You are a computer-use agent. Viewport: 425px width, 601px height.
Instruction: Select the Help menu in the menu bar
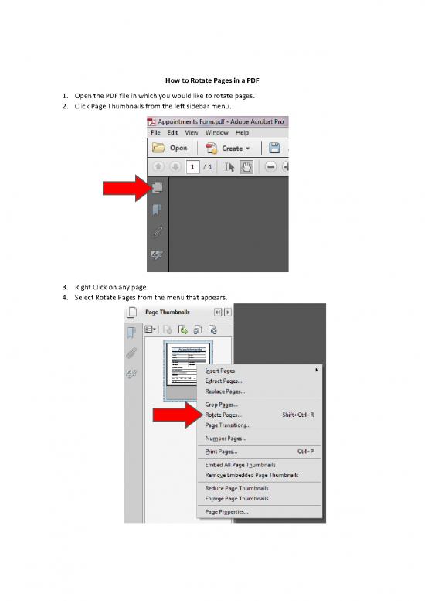point(242,133)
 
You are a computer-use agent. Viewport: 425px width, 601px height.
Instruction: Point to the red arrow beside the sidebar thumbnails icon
point(124,188)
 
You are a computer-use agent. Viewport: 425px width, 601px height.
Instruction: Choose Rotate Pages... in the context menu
point(223,415)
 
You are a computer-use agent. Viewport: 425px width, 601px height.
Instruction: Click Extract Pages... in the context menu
point(223,381)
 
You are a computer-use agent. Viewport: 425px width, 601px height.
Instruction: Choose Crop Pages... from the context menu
point(222,405)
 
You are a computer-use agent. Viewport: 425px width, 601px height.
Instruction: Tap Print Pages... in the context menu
point(221,452)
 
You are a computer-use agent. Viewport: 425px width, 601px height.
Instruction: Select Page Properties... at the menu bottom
point(226,512)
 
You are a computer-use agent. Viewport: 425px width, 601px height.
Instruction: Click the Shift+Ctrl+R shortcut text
point(298,415)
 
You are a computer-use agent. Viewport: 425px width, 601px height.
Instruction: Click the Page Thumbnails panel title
point(168,312)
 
